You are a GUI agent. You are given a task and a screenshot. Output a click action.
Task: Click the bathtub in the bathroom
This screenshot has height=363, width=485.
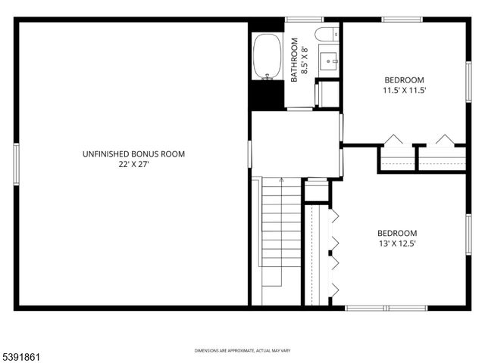point(266,56)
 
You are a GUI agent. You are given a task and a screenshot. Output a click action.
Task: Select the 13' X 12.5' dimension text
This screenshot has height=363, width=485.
point(397,244)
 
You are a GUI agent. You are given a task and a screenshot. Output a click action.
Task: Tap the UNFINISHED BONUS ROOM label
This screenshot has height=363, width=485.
point(133,154)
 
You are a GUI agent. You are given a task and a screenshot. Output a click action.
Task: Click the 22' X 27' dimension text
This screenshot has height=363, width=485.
point(133,164)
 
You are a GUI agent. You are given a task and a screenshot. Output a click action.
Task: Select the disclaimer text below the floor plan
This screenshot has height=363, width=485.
point(242,351)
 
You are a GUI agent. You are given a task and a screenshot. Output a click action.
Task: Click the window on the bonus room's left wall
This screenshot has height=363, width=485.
point(16,162)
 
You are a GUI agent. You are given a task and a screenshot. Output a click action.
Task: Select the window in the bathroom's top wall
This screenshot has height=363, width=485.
point(303,20)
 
